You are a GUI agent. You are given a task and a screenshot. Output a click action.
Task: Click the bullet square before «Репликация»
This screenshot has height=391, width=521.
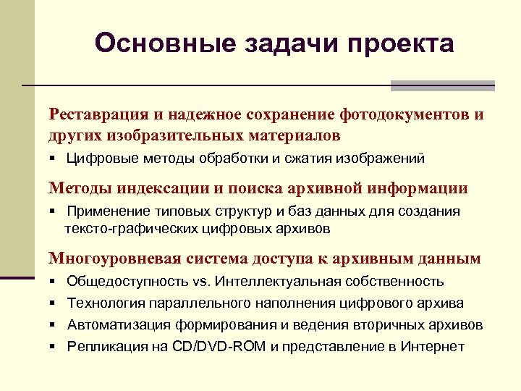point(54,346)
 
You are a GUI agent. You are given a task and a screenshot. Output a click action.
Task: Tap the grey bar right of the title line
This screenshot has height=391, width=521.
point(442,85)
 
